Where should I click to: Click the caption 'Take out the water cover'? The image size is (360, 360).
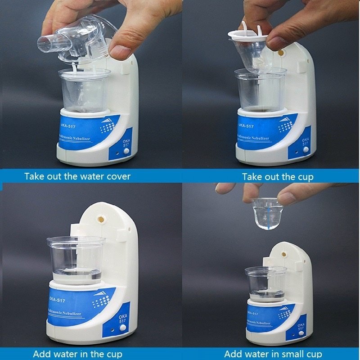point(77,176)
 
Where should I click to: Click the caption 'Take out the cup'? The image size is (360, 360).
point(278,176)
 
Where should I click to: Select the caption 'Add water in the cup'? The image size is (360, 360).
point(77,354)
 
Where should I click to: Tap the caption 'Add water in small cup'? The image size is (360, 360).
point(273,354)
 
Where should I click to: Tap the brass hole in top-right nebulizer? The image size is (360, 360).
point(281,53)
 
